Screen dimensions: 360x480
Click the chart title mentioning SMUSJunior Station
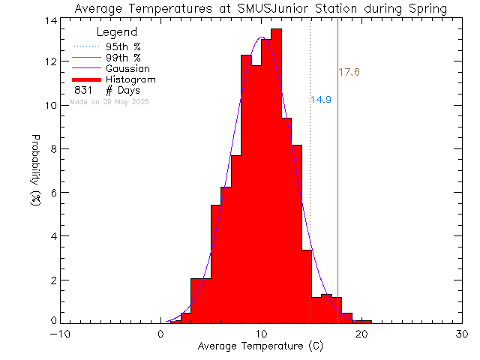point(261,9)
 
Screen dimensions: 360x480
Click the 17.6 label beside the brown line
point(349,73)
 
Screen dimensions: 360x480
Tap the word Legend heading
point(118,32)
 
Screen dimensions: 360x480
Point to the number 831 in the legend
point(83,90)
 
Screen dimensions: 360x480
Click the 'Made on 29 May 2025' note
point(109,101)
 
